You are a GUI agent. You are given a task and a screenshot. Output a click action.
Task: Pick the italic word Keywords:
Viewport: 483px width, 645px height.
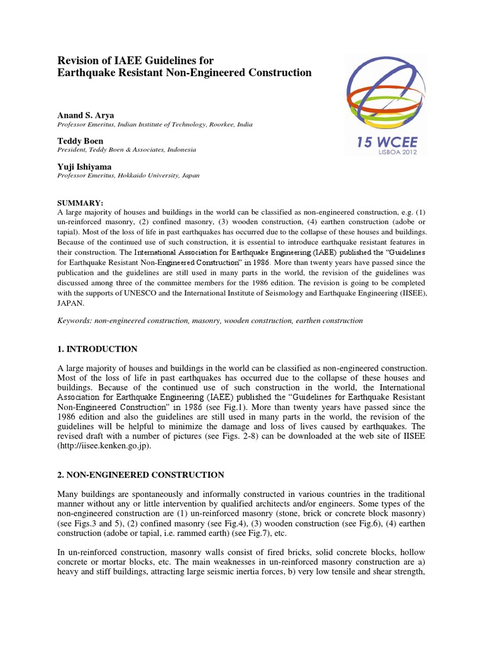(74, 321)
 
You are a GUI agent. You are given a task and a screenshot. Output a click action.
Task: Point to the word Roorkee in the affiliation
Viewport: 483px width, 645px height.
(218, 125)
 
